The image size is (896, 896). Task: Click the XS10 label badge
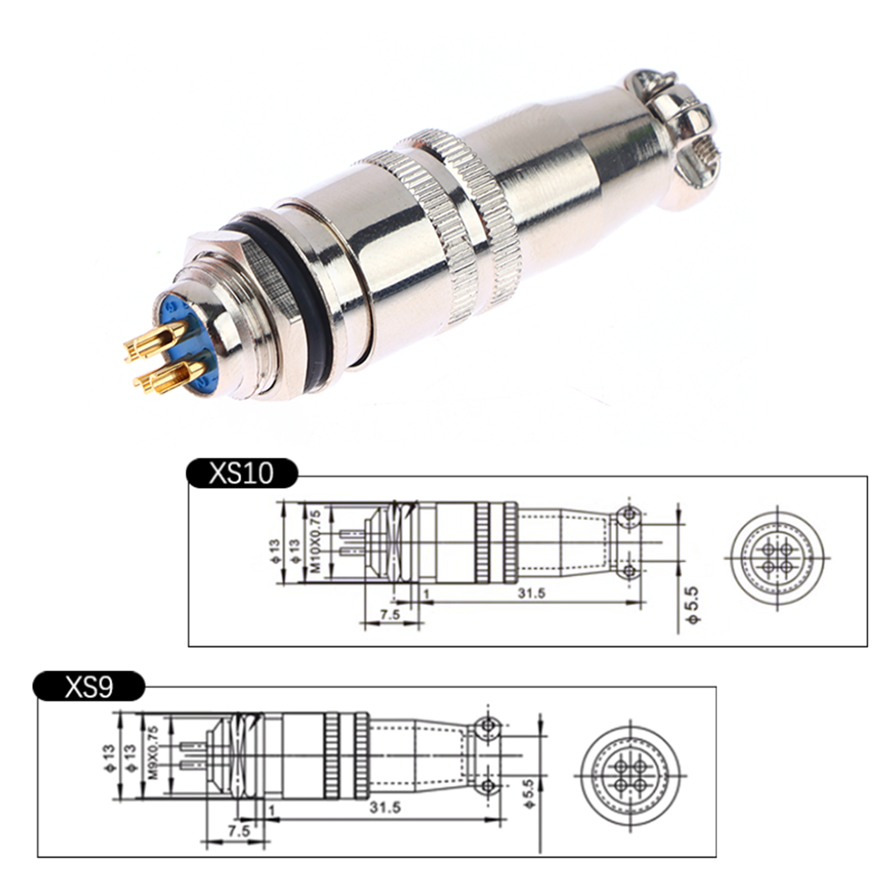(242, 473)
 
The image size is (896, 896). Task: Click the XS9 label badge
(89, 685)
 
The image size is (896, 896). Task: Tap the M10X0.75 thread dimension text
(316, 542)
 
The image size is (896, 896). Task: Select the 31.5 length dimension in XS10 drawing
(531, 592)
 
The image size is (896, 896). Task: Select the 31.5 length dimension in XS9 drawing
(385, 807)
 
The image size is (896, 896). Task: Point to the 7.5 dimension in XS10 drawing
(390, 614)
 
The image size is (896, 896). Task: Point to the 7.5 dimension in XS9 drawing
(239, 831)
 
